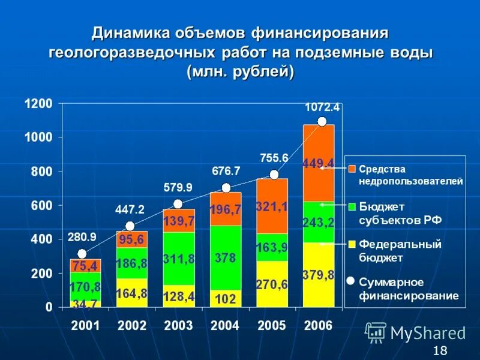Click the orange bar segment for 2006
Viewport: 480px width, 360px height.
tap(319, 163)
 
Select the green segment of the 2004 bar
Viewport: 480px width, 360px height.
tap(226, 258)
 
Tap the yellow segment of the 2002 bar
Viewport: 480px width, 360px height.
tap(132, 293)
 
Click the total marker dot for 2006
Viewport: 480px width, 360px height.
tap(322, 121)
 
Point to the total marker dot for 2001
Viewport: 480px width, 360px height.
tap(82, 254)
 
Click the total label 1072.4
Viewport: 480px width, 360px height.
tap(322, 107)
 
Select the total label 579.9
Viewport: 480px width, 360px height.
tap(178, 188)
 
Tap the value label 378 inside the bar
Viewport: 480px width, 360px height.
tap(226, 258)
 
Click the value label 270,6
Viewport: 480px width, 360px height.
tap(272, 284)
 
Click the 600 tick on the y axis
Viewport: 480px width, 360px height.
tap(42, 206)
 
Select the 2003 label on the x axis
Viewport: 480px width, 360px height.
tap(178, 326)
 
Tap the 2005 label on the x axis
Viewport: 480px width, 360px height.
tap(272, 326)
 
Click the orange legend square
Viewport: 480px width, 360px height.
tap(352, 169)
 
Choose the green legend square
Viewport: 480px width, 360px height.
tap(352, 206)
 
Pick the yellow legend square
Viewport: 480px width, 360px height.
tap(352, 244)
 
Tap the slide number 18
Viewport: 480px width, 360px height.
tap(440, 351)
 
